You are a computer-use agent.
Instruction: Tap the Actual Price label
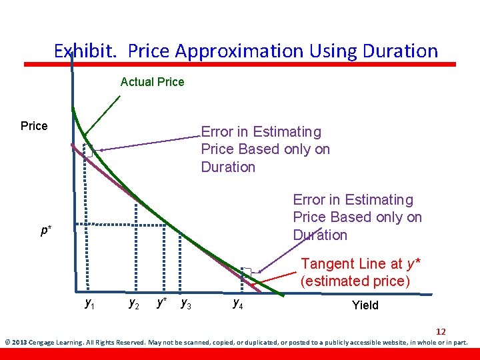pyautogui.click(x=152, y=82)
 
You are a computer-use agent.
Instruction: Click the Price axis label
pyautogui.click(x=34, y=126)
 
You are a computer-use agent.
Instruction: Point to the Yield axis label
pyautogui.click(x=365, y=305)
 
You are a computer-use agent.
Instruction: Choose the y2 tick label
pyautogui.click(x=134, y=304)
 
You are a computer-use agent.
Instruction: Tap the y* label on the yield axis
pyautogui.click(x=161, y=303)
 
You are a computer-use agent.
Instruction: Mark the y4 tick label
pyautogui.click(x=237, y=304)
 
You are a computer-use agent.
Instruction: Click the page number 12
pyautogui.click(x=441, y=331)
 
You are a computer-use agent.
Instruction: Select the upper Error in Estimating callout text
pyautogui.click(x=265, y=149)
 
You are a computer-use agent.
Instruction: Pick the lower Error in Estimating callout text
pyautogui.click(x=357, y=217)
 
